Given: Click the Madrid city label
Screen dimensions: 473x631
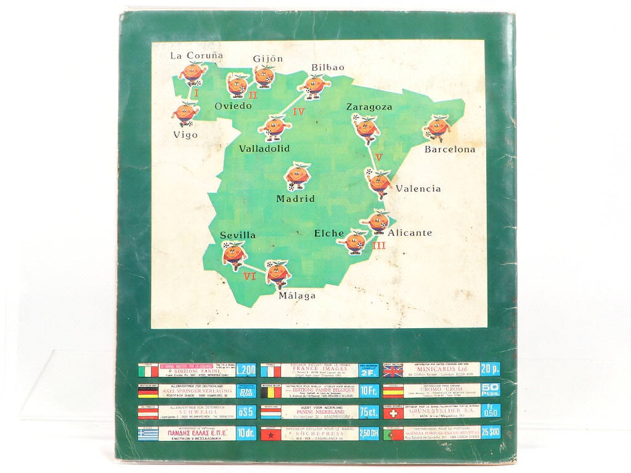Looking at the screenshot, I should coord(295,199).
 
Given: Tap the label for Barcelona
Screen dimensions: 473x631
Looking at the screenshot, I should coord(450,150).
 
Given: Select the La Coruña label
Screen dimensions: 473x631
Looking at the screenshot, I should coord(192,56).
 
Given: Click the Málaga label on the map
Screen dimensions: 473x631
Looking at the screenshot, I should coord(297,296).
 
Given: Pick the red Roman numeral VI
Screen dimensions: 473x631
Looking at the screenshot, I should coord(249,277).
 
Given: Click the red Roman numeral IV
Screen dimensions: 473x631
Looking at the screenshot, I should coord(298,112).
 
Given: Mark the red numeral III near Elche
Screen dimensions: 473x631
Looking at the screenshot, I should coord(378,245).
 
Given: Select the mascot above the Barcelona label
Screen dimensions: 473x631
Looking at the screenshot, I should coord(437,128).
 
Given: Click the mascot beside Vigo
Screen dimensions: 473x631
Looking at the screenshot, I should coord(185,113).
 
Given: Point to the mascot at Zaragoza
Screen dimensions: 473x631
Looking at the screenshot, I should coord(366,127).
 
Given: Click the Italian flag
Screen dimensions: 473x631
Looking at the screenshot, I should coord(148,371).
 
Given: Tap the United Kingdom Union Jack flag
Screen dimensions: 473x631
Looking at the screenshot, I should coord(393,370).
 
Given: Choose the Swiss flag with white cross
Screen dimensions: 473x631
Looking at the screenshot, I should coord(393,412).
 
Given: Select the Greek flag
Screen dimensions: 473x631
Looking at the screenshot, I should coord(148,434).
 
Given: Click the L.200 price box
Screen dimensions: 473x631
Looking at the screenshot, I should coord(246,371).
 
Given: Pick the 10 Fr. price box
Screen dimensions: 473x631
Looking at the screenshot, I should coord(368,390).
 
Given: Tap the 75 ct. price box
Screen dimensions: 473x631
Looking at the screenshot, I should coord(368,412).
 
